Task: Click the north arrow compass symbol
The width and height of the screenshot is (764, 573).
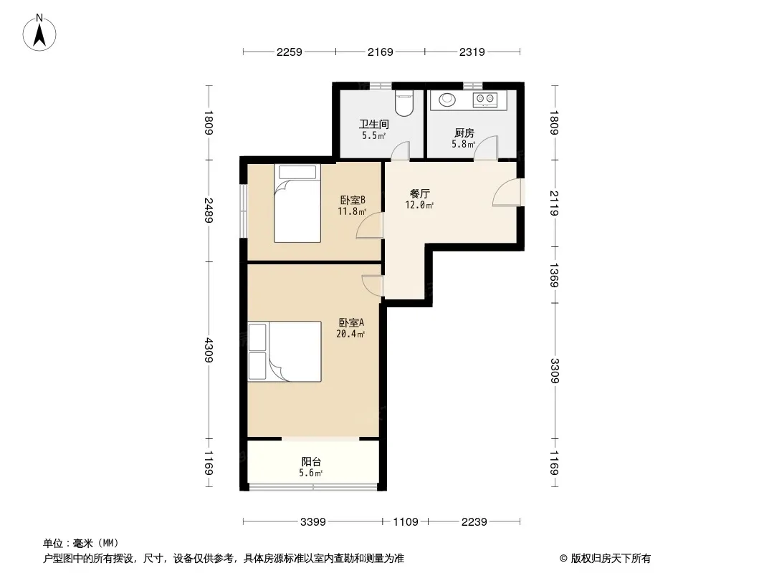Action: [x=39, y=33]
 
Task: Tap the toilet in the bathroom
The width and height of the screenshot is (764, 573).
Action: [x=404, y=103]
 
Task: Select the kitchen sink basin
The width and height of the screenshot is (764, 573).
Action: [x=447, y=100]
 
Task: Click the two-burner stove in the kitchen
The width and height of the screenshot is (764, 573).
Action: [x=484, y=100]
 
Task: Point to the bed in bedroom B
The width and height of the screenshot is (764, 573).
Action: [x=297, y=203]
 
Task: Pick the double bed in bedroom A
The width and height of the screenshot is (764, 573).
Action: [x=285, y=352]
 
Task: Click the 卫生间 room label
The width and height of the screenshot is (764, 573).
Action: [x=373, y=125]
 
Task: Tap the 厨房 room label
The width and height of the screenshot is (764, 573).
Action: [x=464, y=133]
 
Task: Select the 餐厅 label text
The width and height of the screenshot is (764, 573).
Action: [x=419, y=194]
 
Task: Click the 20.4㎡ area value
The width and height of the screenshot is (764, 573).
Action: [x=350, y=334]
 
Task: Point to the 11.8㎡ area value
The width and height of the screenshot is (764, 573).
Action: [x=352, y=211]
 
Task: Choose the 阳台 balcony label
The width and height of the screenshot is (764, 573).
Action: [x=311, y=461]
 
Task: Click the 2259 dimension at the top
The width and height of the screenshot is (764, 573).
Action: [x=290, y=52]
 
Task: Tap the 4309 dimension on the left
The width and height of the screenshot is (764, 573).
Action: [x=209, y=350]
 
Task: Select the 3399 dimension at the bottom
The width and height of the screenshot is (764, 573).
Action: [x=312, y=522]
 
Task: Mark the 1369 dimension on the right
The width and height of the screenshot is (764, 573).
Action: [x=554, y=275]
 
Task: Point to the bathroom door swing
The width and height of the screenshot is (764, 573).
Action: [x=401, y=150]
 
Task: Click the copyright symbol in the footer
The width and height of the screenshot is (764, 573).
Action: [x=563, y=559]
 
